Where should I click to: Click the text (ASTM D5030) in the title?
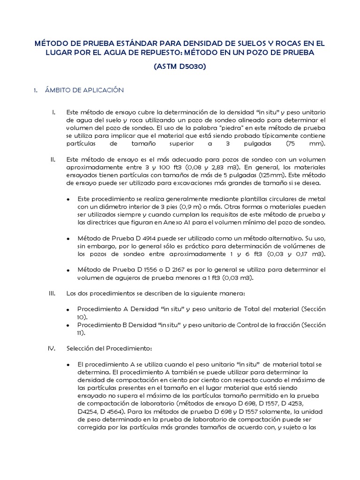coord(180,67)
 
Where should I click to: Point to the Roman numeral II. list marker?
coord(53,159)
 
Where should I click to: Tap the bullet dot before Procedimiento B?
coord(68,325)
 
